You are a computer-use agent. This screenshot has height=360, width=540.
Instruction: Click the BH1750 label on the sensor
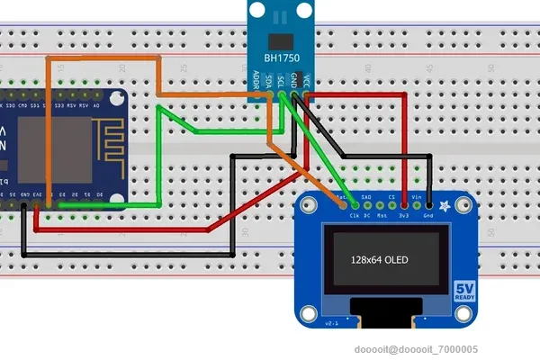[282, 58]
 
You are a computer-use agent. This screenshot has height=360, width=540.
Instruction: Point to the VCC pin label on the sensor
[308, 79]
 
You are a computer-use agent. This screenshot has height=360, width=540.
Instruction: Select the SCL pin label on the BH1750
[282, 79]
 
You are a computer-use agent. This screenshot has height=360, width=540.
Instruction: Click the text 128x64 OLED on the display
[380, 260]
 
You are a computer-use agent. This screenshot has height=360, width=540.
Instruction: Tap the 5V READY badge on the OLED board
[464, 292]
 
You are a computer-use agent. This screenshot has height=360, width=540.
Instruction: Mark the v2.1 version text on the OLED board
[329, 322]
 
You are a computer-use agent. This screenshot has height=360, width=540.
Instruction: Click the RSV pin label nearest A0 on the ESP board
[85, 106]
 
